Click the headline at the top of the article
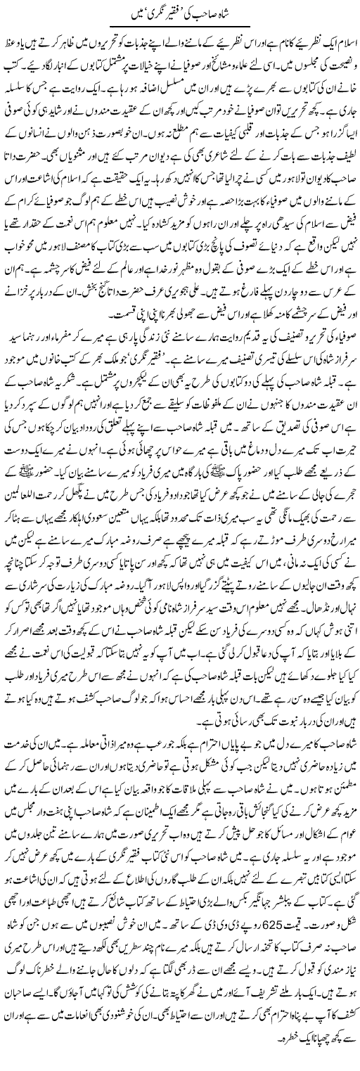pos(180,12)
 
